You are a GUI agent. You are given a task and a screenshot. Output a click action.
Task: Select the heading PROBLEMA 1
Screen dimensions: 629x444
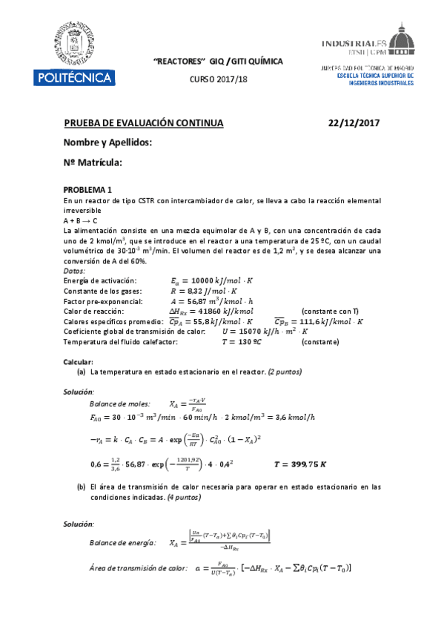(x=88, y=189)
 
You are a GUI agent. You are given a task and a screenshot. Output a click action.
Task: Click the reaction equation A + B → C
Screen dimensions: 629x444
(x=81, y=220)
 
